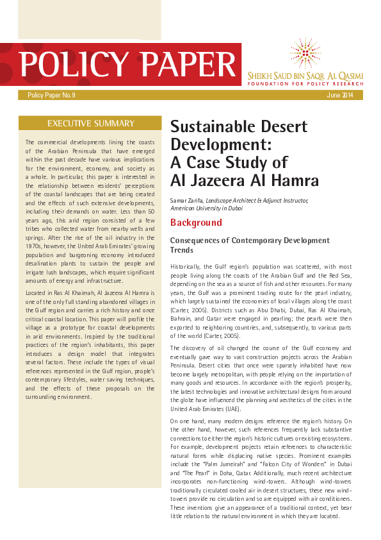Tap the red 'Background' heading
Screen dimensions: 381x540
[x=196, y=223]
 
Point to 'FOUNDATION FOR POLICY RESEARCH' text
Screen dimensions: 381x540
[x=306, y=84]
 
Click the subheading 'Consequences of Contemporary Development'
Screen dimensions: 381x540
[x=250, y=240]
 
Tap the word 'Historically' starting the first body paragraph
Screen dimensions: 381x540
[x=187, y=266]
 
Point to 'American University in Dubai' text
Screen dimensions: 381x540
[x=203, y=208]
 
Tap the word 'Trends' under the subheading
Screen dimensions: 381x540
[x=181, y=249]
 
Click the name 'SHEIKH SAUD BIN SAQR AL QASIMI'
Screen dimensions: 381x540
[x=306, y=76]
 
